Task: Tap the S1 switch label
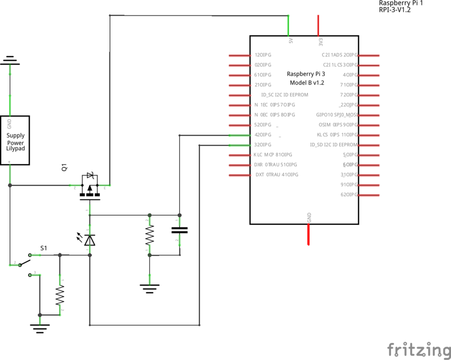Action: click(x=44, y=248)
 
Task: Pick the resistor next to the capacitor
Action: click(x=150, y=235)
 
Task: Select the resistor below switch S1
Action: click(x=60, y=295)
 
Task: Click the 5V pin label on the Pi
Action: click(x=290, y=41)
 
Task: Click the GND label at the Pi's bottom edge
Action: click(x=309, y=217)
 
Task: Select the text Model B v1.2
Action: click(x=307, y=83)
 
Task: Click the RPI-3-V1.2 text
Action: click(x=395, y=9)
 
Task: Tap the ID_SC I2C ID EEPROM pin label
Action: click(x=285, y=95)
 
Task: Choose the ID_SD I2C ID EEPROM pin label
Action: click(x=333, y=145)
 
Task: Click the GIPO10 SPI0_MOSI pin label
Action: click(x=337, y=115)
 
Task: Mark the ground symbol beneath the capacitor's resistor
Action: click(x=150, y=287)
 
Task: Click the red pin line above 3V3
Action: click(x=318, y=25)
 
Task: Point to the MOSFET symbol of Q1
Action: click(x=90, y=187)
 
